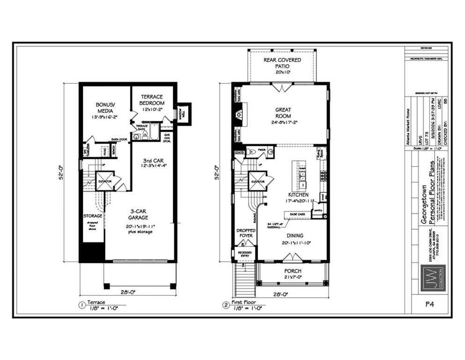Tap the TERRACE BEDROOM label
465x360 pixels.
(153, 99)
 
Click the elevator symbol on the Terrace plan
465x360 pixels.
(104, 181)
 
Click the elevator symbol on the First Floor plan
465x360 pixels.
(258, 181)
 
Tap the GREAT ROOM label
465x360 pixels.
(283, 113)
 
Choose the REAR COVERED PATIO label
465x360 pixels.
(282, 63)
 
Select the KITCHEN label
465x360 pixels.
(298, 194)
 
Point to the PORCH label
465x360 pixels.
(293, 271)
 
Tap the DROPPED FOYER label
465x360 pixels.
(245, 233)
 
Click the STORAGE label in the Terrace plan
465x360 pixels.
(93, 216)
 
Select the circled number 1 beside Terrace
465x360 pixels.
(81, 306)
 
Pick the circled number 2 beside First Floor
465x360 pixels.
(226, 306)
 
